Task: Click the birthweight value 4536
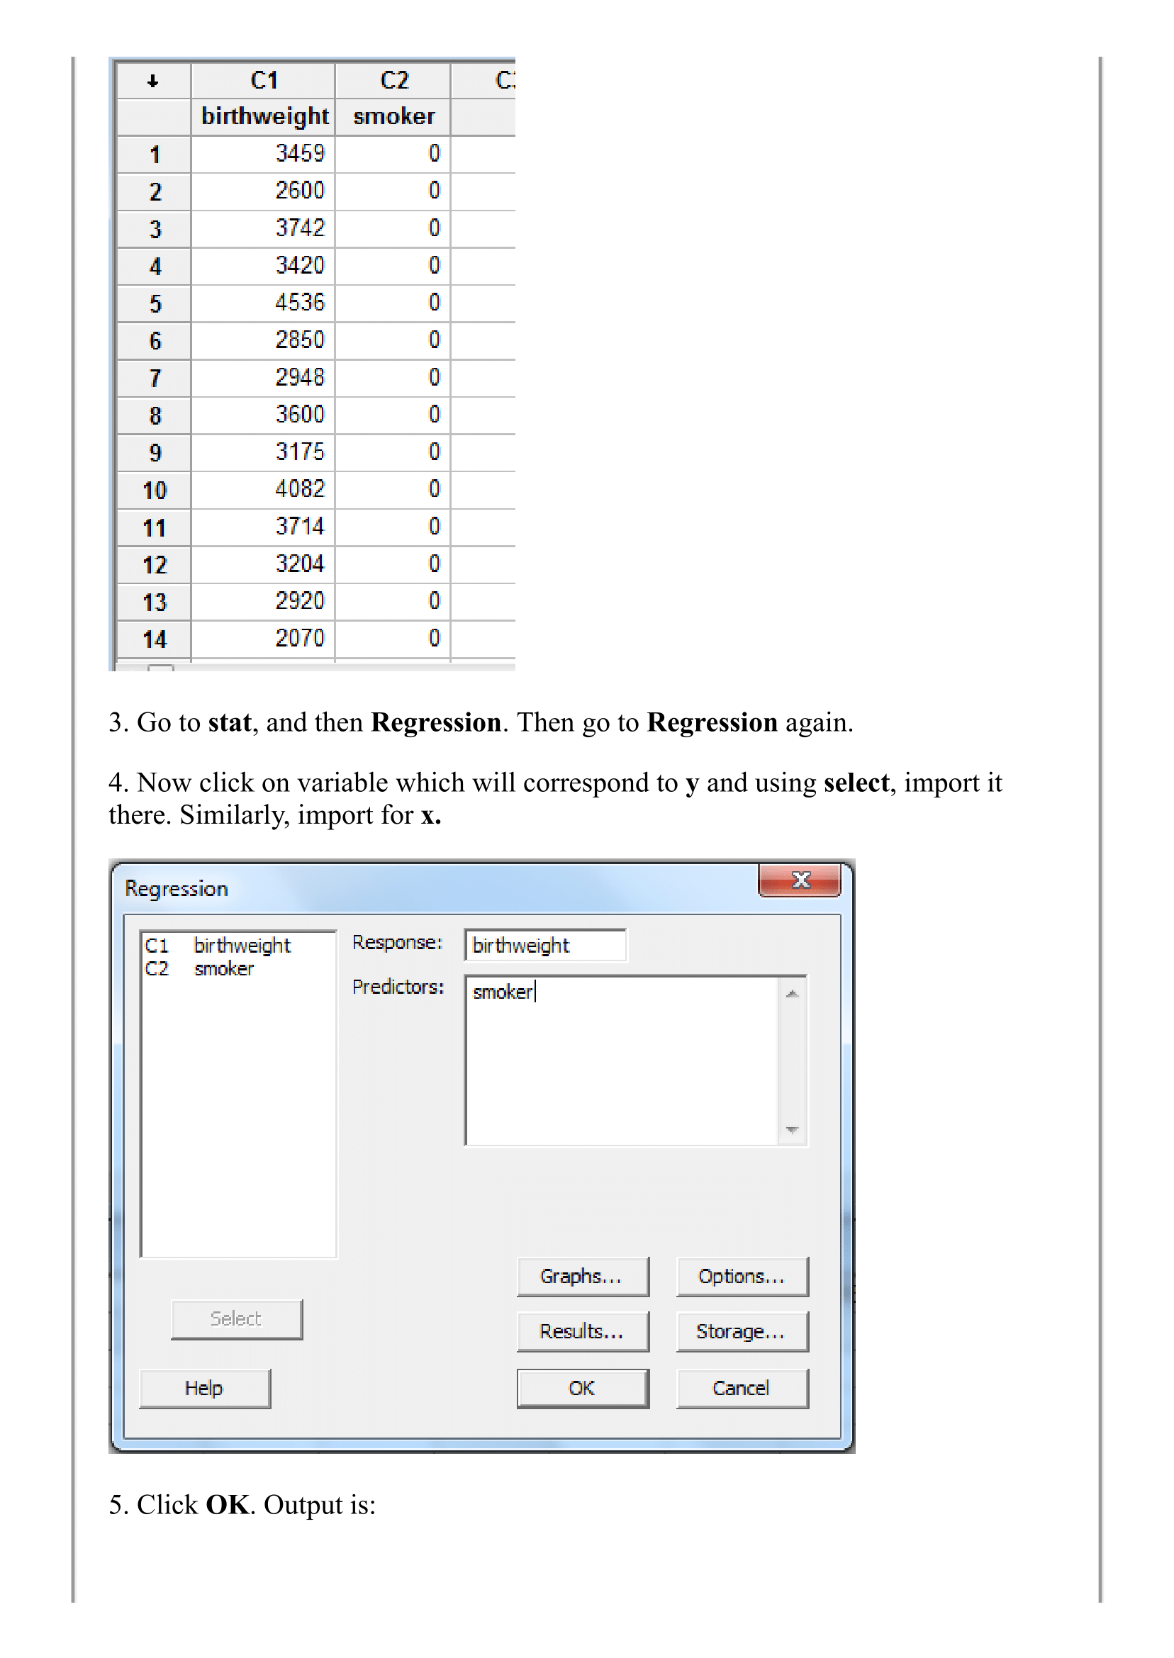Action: tap(299, 302)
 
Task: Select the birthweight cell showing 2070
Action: tap(299, 638)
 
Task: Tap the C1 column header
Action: tap(263, 80)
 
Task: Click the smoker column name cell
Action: tap(393, 116)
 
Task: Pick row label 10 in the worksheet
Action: tap(154, 490)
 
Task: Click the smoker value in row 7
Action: tap(433, 377)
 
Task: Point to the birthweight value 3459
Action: tap(299, 153)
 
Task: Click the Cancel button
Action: tap(742, 1389)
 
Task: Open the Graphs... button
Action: tap(582, 1277)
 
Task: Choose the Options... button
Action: tap(742, 1277)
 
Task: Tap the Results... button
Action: tap(582, 1332)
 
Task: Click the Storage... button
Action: tap(742, 1332)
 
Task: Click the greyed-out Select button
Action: tap(236, 1319)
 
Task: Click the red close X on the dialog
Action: tap(800, 880)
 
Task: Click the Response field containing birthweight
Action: tap(545, 946)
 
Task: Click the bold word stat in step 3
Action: tap(229, 723)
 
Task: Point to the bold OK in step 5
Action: tap(227, 1505)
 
